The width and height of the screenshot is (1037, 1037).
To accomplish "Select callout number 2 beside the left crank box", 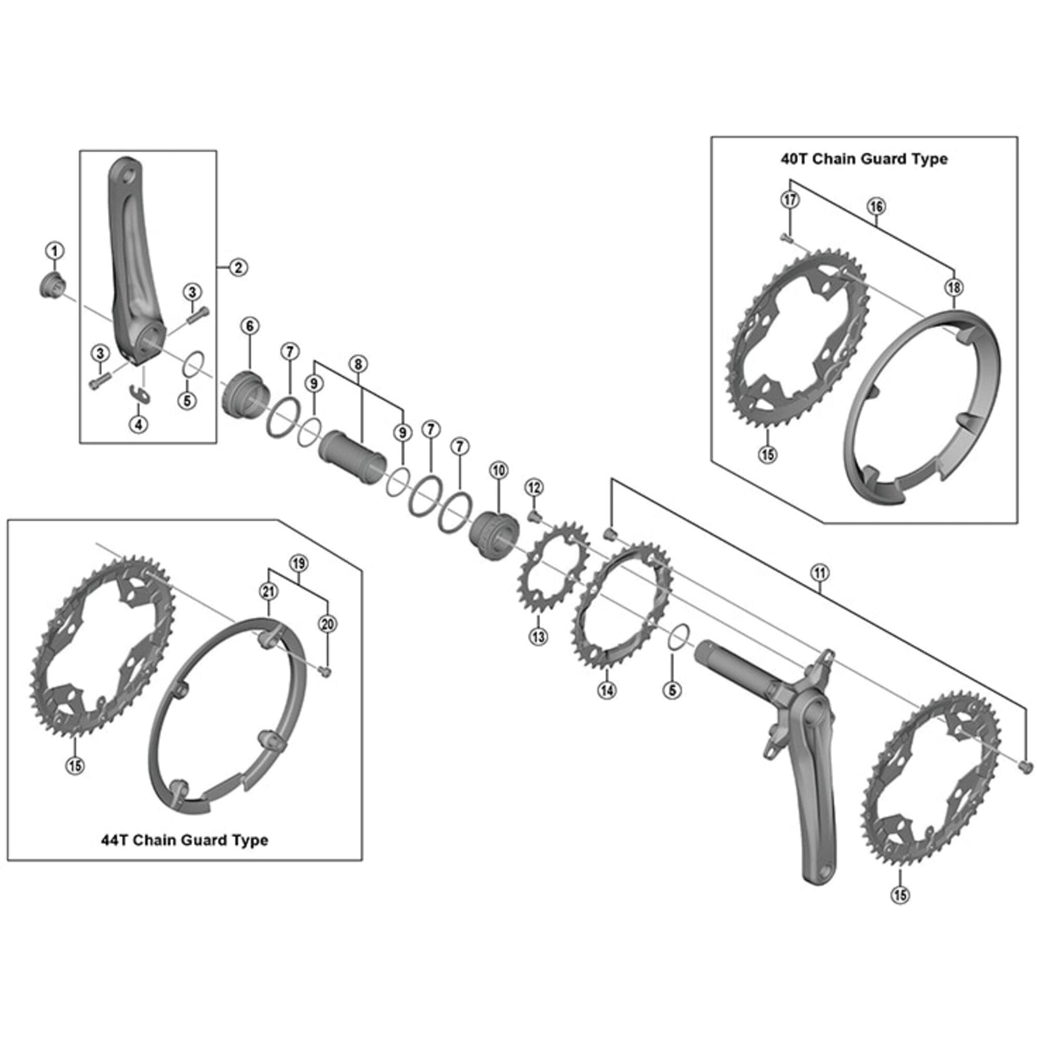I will point(238,267).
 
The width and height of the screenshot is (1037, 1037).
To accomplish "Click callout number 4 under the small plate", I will point(138,424).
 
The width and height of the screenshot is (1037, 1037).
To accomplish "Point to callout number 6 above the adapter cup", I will point(249,326).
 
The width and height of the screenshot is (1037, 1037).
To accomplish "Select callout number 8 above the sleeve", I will point(358,364).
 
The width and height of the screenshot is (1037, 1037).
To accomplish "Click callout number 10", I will point(499,471).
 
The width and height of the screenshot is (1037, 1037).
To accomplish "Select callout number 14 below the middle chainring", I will point(607,690).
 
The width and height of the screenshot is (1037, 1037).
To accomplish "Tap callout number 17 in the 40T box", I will point(790,200).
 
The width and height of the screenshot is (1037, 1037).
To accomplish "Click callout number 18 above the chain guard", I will point(954,288).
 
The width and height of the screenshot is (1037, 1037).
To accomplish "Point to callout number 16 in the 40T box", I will point(876,206).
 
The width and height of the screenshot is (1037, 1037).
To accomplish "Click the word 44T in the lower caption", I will point(115,840).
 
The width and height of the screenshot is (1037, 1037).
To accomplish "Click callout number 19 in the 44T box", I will point(299,564).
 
